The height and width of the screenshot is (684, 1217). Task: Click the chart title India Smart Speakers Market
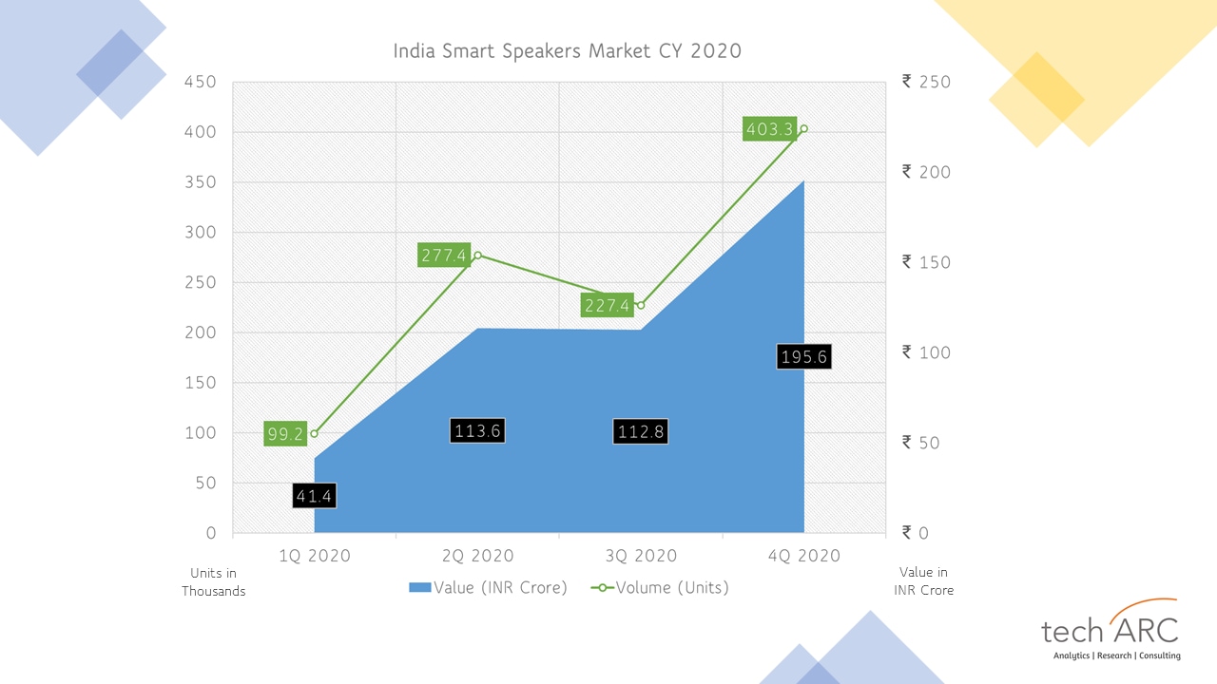[x=567, y=51]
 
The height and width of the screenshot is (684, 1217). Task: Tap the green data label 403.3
[x=770, y=129]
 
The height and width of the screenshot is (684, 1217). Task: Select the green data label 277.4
[x=444, y=255]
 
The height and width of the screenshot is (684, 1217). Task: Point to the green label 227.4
[x=607, y=305]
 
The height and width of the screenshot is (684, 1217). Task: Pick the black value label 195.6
[x=803, y=356]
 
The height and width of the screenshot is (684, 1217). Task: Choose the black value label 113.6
[x=476, y=430]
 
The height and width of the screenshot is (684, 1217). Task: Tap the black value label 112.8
[x=640, y=431]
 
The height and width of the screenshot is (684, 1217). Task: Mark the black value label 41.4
[x=314, y=495]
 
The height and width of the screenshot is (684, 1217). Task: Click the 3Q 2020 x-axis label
[x=641, y=556]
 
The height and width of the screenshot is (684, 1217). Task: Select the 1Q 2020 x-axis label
[x=314, y=556]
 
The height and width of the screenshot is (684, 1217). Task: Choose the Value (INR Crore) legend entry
[x=488, y=587]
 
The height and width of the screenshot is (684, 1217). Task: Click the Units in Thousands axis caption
[x=214, y=581]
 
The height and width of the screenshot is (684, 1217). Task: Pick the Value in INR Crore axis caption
[x=923, y=581]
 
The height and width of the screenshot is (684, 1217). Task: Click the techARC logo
[x=1111, y=631]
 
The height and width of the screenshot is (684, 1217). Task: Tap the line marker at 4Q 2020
[x=803, y=129]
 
